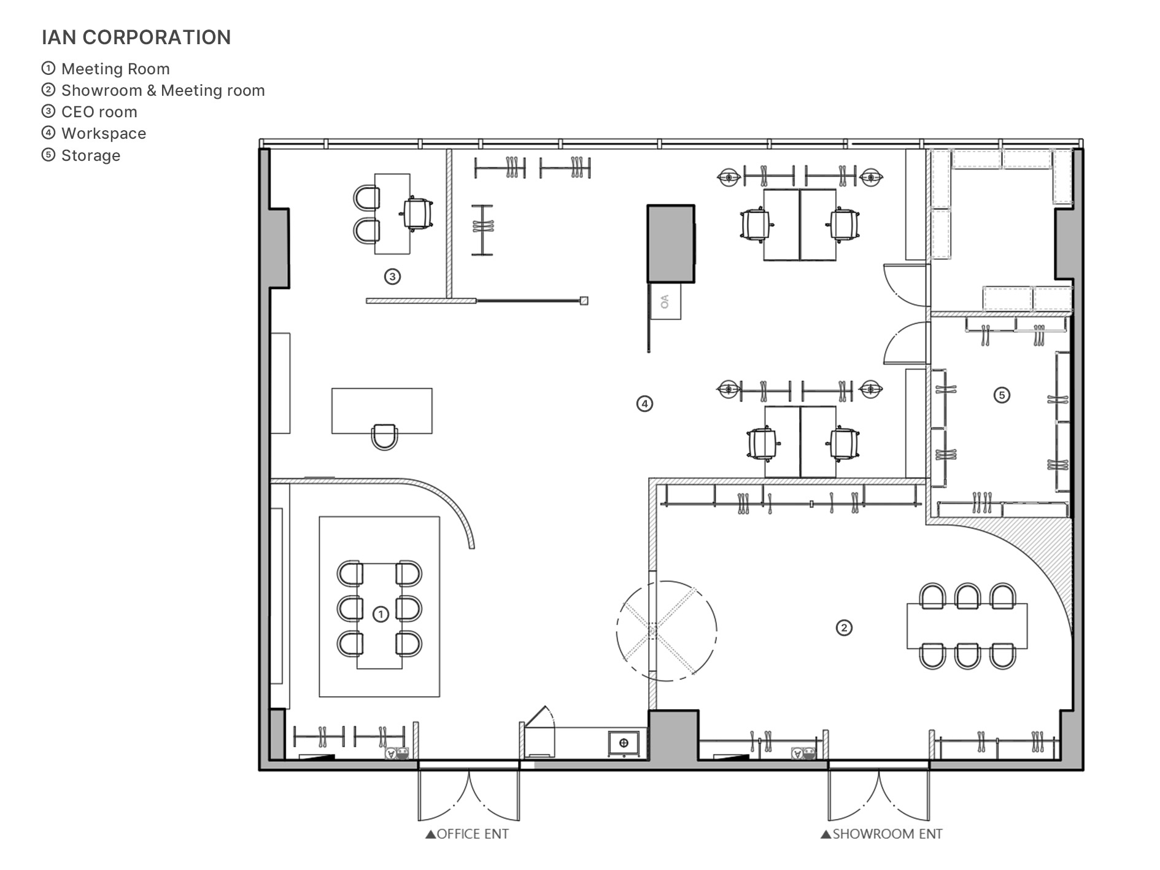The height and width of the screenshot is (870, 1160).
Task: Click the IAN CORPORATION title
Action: (136, 37)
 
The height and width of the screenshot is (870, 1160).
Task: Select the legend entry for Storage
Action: (81, 155)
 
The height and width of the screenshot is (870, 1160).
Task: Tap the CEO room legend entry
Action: (90, 112)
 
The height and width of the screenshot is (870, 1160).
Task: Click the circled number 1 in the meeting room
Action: (381, 614)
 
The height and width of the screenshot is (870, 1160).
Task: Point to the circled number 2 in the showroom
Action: (844, 627)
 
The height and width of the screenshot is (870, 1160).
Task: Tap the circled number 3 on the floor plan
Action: (392, 277)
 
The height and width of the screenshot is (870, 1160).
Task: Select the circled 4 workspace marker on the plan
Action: (644, 404)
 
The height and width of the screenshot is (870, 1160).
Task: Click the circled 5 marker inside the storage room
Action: (1002, 395)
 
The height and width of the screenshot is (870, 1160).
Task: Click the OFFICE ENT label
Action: (473, 834)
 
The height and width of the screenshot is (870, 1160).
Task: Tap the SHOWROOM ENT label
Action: (887, 834)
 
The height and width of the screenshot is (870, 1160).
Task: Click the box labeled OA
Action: (665, 301)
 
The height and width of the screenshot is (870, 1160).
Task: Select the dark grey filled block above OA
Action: (671, 244)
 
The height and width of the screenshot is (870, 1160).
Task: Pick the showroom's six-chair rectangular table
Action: (967, 626)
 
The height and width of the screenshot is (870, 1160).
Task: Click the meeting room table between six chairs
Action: (379, 616)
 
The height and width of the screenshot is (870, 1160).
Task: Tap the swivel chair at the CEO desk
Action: (417, 214)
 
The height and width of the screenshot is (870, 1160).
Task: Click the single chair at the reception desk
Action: (385, 437)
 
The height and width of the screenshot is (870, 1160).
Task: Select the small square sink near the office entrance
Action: (624, 743)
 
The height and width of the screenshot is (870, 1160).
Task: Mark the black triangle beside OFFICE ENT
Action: (430, 834)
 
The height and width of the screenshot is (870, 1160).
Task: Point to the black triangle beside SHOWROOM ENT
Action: (826, 834)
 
